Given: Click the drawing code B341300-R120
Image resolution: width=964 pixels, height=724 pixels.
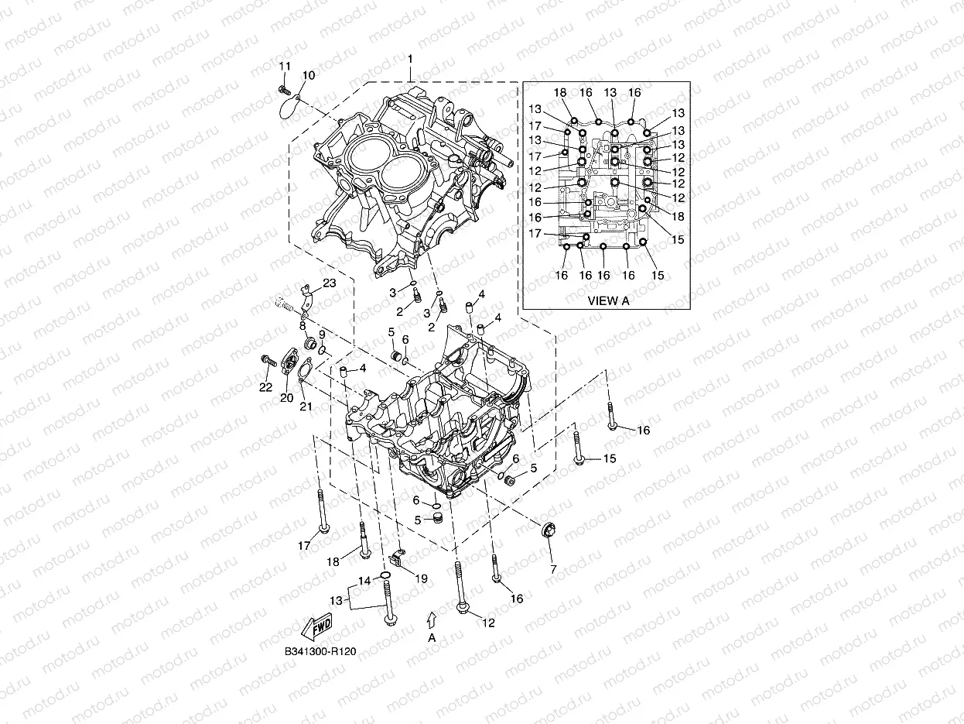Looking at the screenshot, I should coord(320,652).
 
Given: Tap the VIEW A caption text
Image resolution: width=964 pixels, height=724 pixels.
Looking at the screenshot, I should coord(608,300).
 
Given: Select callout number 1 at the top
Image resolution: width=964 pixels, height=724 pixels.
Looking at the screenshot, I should coord(410,60).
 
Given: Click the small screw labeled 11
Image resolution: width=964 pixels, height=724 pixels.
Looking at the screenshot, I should coord(282,91).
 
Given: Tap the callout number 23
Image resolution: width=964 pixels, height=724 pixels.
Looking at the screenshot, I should coord(330,283).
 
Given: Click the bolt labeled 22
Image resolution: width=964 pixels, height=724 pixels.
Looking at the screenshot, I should coord(268,360).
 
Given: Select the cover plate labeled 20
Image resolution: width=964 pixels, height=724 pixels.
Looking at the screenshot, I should coord(291,364).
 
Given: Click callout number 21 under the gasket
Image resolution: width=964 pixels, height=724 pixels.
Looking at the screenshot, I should coord(305,407).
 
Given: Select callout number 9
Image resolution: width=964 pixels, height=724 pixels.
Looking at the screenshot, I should coord(322,334).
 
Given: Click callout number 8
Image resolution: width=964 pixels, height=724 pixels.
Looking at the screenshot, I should coord(303,325).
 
